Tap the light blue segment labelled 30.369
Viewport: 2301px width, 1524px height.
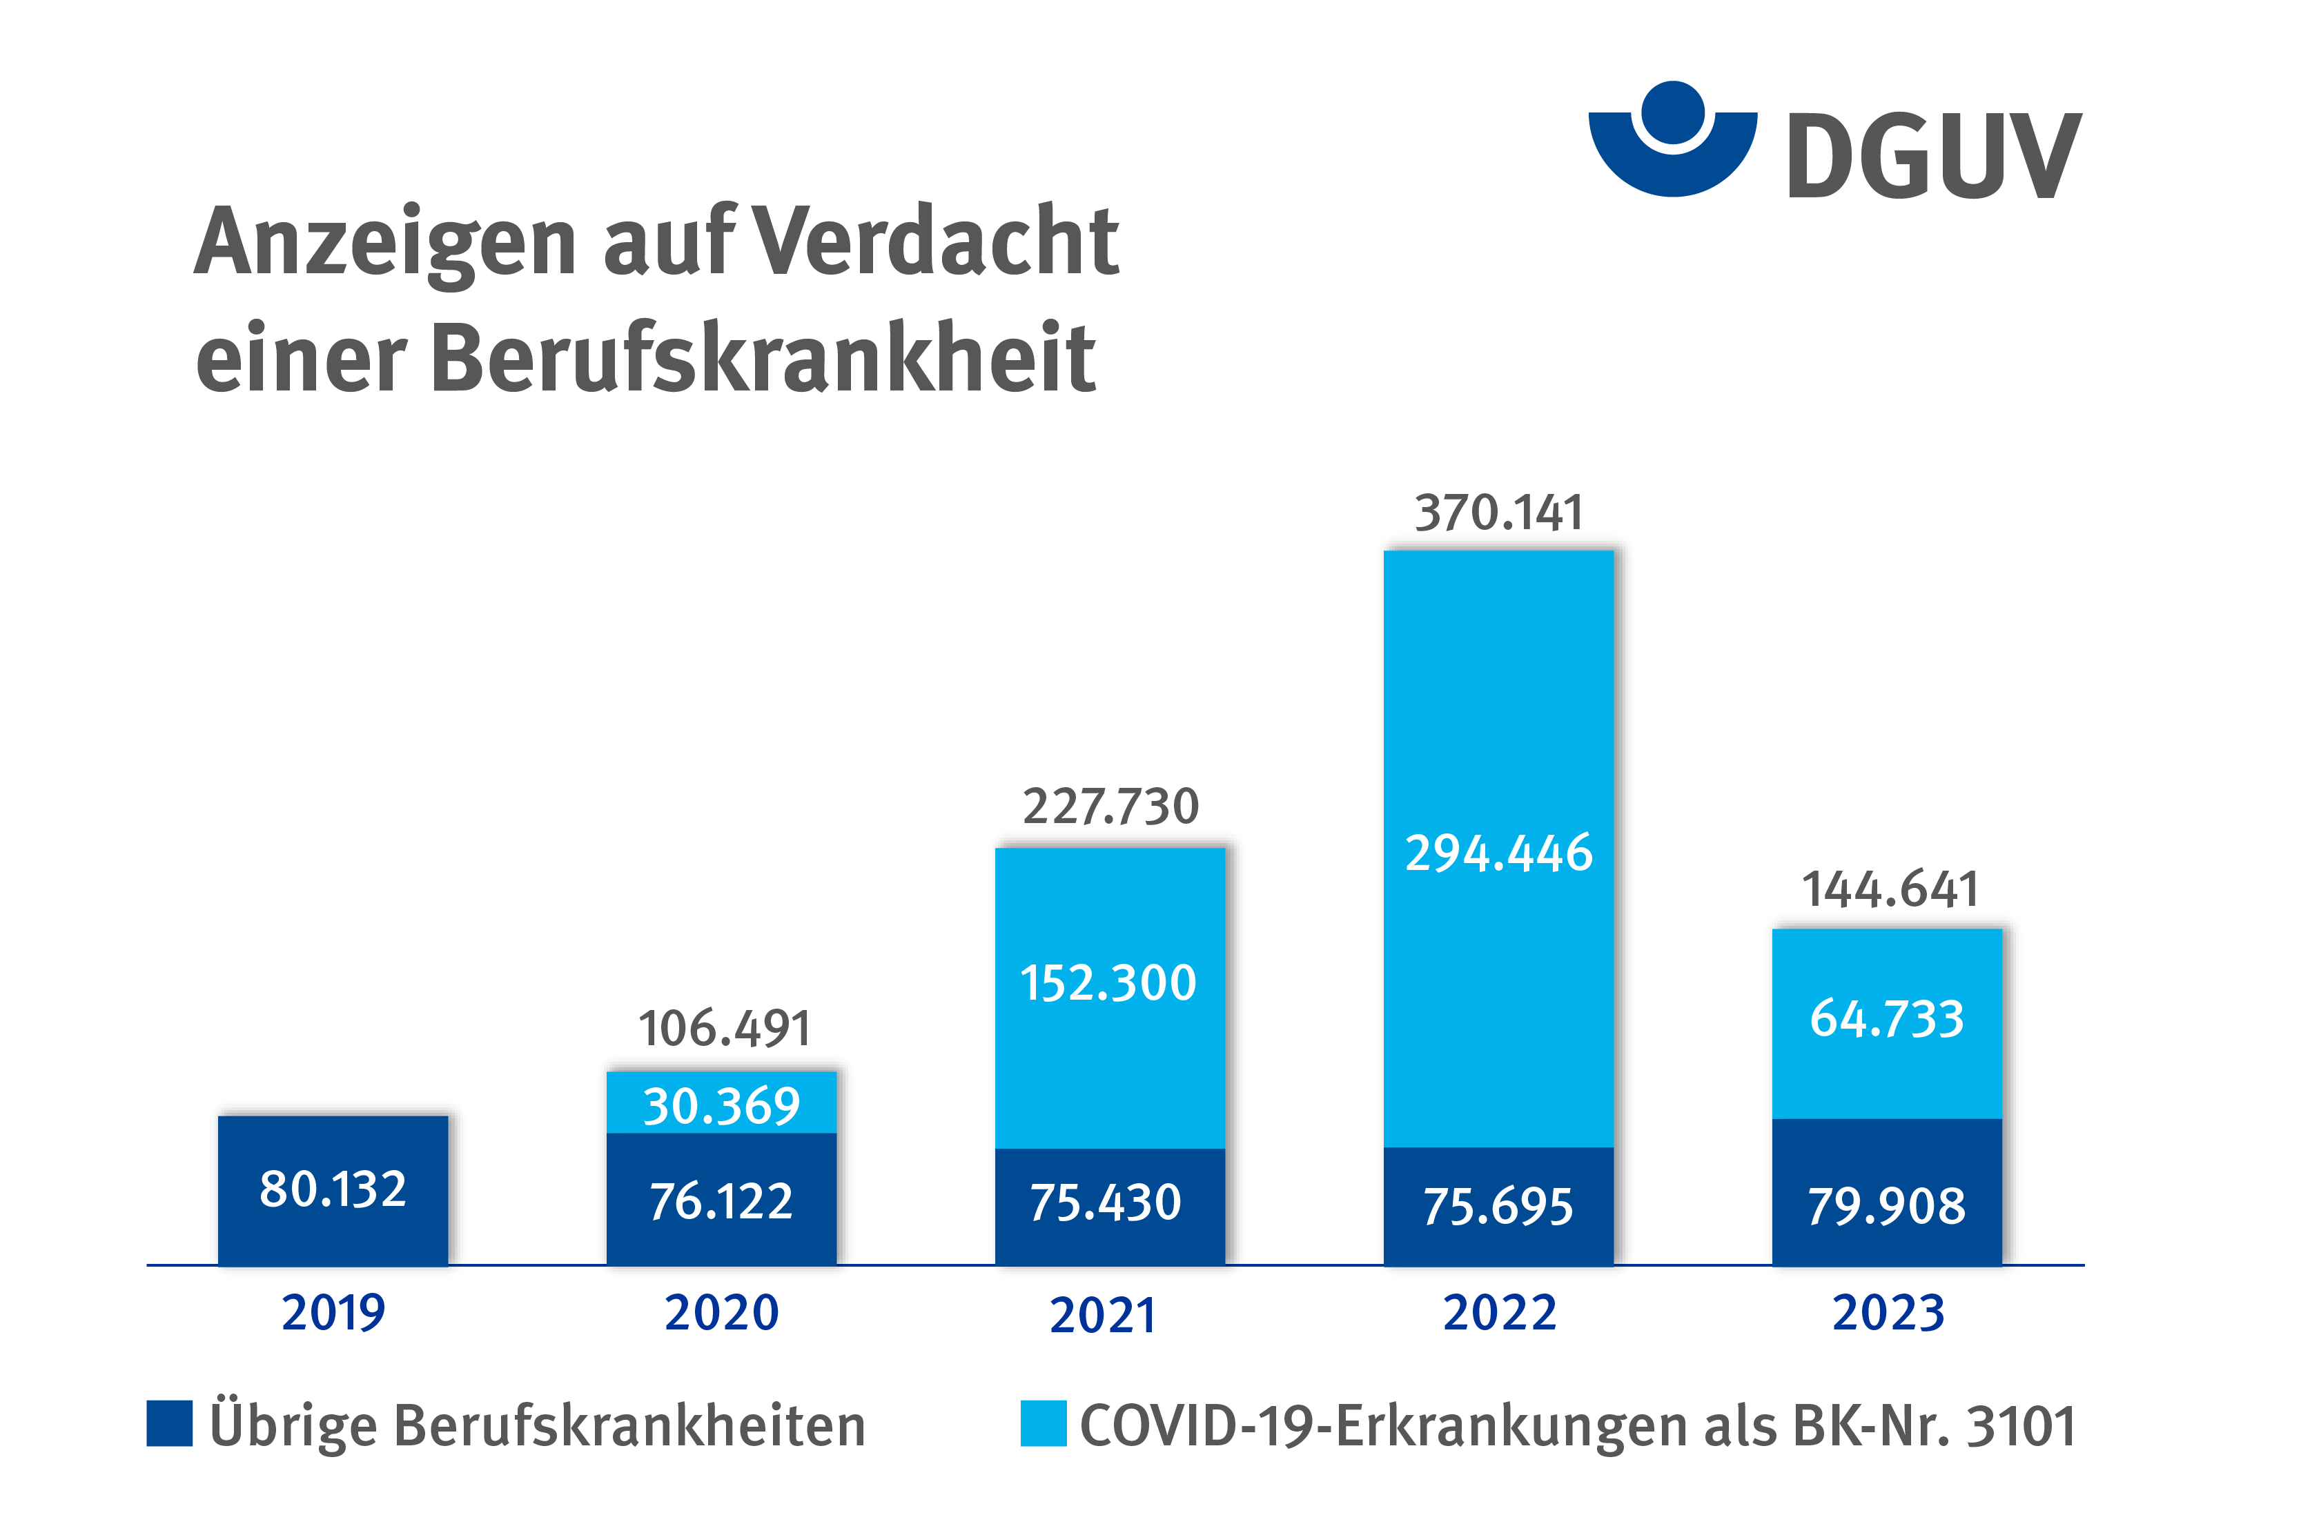(721, 1104)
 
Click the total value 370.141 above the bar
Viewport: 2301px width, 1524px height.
(1498, 513)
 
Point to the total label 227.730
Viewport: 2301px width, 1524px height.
(1110, 806)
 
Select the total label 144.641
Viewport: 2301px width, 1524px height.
(1890, 889)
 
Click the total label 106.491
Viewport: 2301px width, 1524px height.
(723, 1029)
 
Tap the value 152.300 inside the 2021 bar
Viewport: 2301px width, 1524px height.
(1108, 982)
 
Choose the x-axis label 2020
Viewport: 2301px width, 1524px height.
(721, 1313)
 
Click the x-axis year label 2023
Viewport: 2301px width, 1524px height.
(1888, 1313)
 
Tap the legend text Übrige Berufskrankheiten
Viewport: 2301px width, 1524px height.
(537, 1426)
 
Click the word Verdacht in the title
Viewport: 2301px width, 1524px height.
(935, 241)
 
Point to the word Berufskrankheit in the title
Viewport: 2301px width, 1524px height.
(763, 357)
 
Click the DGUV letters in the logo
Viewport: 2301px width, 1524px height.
(1934, 155)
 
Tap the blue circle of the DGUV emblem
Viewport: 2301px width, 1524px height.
(1672, 112)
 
